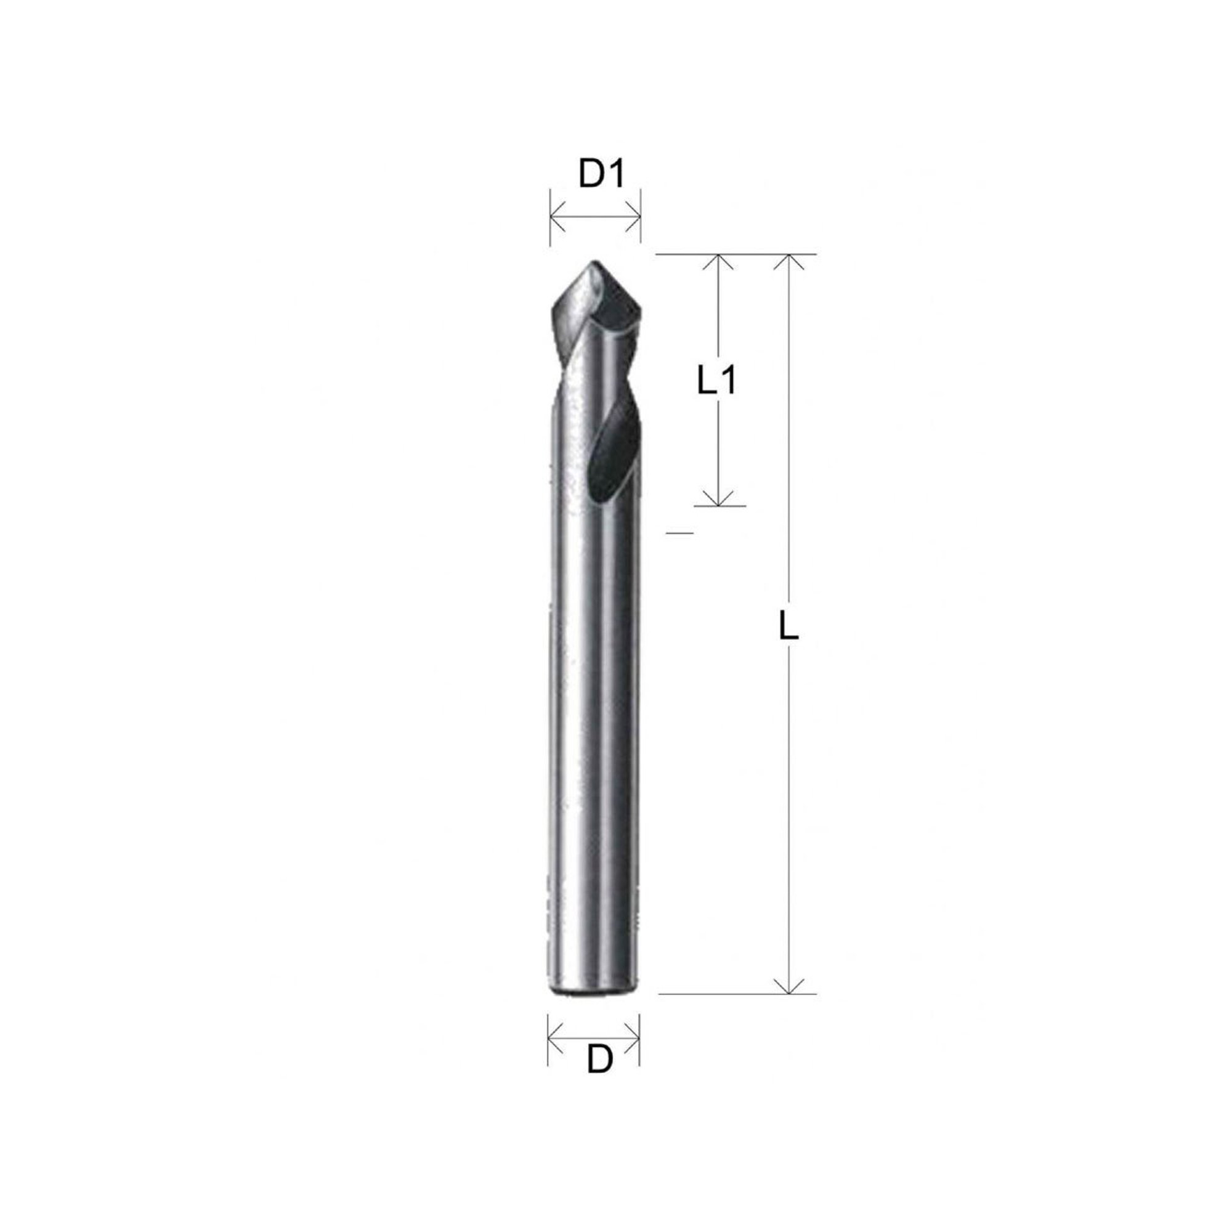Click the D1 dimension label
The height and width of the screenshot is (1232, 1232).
600,176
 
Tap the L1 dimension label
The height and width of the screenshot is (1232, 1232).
715,382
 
